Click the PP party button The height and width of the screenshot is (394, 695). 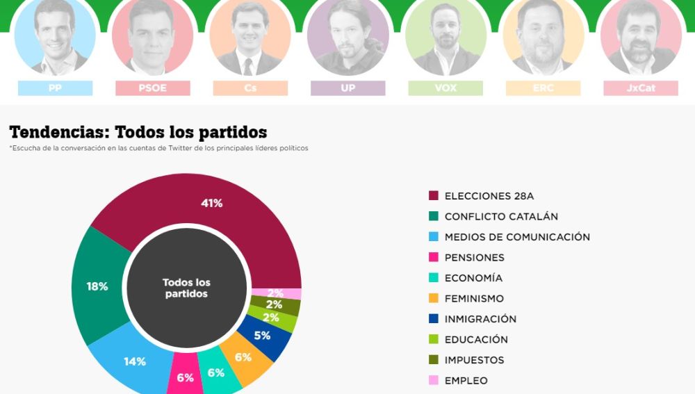[55, 88]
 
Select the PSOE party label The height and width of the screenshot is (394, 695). [152, 88]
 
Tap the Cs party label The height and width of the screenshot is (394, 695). [250, 88]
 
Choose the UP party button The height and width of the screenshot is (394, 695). [347, 88]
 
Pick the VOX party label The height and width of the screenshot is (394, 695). [445, 88]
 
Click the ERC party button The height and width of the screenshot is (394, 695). [543, 88]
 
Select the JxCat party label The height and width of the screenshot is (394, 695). [640, 88]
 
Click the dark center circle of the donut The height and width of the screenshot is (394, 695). [186, 288]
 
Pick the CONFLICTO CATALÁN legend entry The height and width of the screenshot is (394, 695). [500, 216]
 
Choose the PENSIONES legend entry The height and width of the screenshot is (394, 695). [474, 257]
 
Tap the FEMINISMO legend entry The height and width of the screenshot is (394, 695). [474, 298]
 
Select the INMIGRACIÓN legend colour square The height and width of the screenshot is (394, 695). [434, 319]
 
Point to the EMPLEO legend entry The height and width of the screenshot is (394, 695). [466, 380]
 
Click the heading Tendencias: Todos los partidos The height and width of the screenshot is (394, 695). [138, 132]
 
